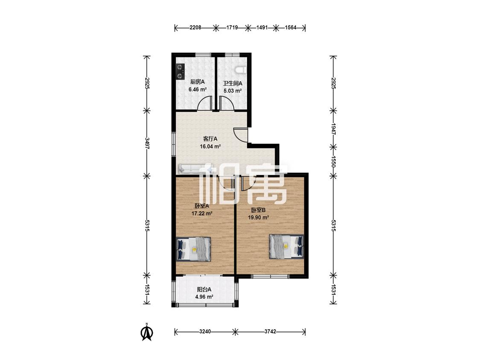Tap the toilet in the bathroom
coord(241,70)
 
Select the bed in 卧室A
coord(194,249)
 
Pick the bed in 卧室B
coord(287,247)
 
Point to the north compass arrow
coord(147,332)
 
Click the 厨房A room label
coord(198,82)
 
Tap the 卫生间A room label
coord(233,83)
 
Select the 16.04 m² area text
coord(210,146)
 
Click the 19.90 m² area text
coord(259,218)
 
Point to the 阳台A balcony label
coord(204,289)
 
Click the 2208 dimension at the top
coord(195,28)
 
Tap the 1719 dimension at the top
coord(232,28)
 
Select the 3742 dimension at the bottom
coord(271,331)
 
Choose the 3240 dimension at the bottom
coord(205,331)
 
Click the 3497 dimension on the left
coord(147,143)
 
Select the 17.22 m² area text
coord(202,213)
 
